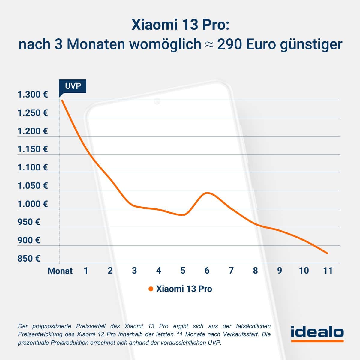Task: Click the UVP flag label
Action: (x=73, y=86)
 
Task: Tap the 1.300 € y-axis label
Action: (x=33, y=95)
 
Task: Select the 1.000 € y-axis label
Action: (x=33, y=204)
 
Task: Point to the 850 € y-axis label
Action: (x=29, y=259)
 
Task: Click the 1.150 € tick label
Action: (x=33, y=149)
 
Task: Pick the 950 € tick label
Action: (x=29, y=222)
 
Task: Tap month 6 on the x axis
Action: (x=207, y=271)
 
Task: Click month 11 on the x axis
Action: (x=328, y=271)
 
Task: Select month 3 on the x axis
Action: (x=134, y=271)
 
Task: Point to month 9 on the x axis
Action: (x=280, y=271)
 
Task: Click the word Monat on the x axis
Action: (x=60, y=271)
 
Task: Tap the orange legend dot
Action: (x=151, y=289)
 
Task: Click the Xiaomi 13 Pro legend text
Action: (x=184, y=289)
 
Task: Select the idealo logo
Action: (x=317, y=333)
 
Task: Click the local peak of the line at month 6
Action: (x=207, y=193)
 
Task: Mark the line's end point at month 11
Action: (x=328, y=253)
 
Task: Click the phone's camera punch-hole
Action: (x=157, y=101)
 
